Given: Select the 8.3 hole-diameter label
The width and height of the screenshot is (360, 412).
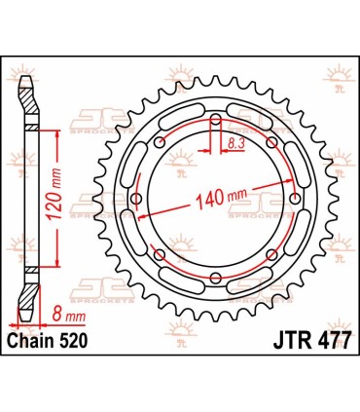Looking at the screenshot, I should [x=234, y=143].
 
